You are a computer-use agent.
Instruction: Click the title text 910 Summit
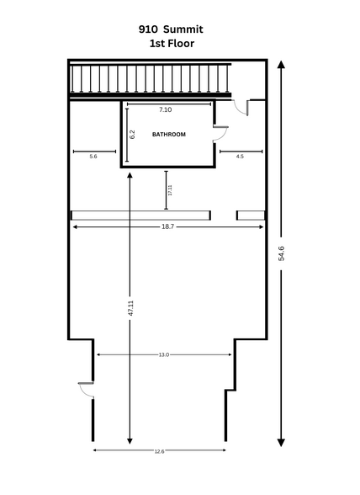[171, 28]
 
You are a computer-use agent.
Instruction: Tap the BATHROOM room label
[168, 135]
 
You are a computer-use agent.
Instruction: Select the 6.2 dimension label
[132, 134]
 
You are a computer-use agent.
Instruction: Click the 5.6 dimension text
[93, 157]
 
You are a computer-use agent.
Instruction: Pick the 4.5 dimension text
[240, 157]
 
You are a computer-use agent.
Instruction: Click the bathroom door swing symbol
[221, 132]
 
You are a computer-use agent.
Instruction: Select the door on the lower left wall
[86, 390]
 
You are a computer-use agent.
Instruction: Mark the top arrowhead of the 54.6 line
[280, 66]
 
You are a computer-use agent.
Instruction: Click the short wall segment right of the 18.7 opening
[250, 216]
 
